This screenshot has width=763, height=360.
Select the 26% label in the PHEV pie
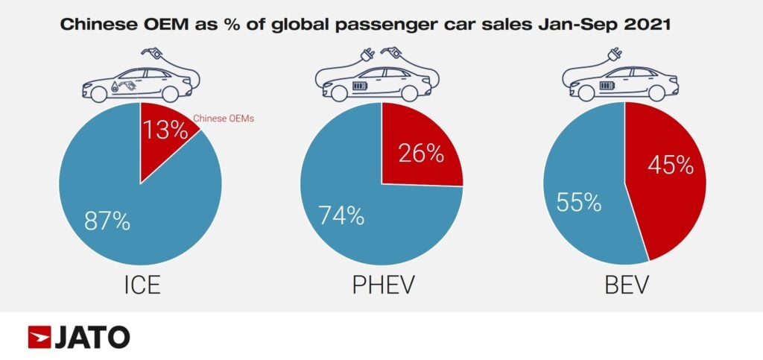point(421,154)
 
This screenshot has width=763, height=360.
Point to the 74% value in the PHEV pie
point(341,215)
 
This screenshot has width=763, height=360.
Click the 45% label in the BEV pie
point(670,165)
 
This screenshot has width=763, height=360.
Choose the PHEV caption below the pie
point(381,287)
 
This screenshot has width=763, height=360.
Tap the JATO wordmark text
point(92,337)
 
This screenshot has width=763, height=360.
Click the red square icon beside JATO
point(39,337)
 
